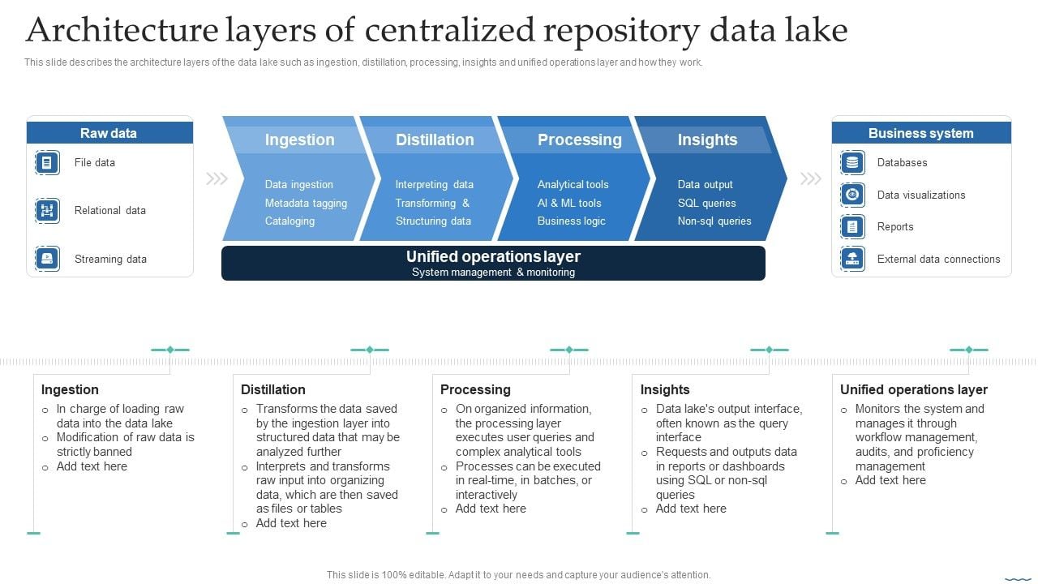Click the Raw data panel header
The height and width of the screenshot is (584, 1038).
(x=109, y=133)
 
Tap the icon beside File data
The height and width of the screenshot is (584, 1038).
(x=47, y=162)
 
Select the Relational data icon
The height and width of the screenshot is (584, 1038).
(x=47, y=211)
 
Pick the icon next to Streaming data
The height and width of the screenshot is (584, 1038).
(x=47, y=259)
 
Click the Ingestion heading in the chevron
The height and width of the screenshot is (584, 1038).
(x=299, y=140)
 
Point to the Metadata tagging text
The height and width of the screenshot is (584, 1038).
(x=306, y=203)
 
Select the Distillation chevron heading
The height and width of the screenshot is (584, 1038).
(x=435, y=140)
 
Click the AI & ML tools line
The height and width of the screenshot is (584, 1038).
(x=569, y=203)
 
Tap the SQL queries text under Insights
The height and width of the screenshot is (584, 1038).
(x=707, y=203)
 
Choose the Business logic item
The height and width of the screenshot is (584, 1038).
(x=571, y=221)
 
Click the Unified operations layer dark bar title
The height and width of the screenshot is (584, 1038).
(x=493, y=256)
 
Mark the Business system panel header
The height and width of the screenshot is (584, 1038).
(x=920, y=133)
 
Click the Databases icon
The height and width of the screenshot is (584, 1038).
(x=852, y=162)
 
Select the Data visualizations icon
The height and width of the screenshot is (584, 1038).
(x=852, y=195)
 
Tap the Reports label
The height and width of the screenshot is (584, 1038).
(x=895, y=227)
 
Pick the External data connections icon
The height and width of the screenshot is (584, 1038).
(x=852, y=259)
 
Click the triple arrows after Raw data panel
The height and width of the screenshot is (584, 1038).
(x=217, y=178)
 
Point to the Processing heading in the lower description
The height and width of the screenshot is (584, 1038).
(x=475, y=389)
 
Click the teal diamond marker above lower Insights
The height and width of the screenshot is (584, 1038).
(x=770, y=350)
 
